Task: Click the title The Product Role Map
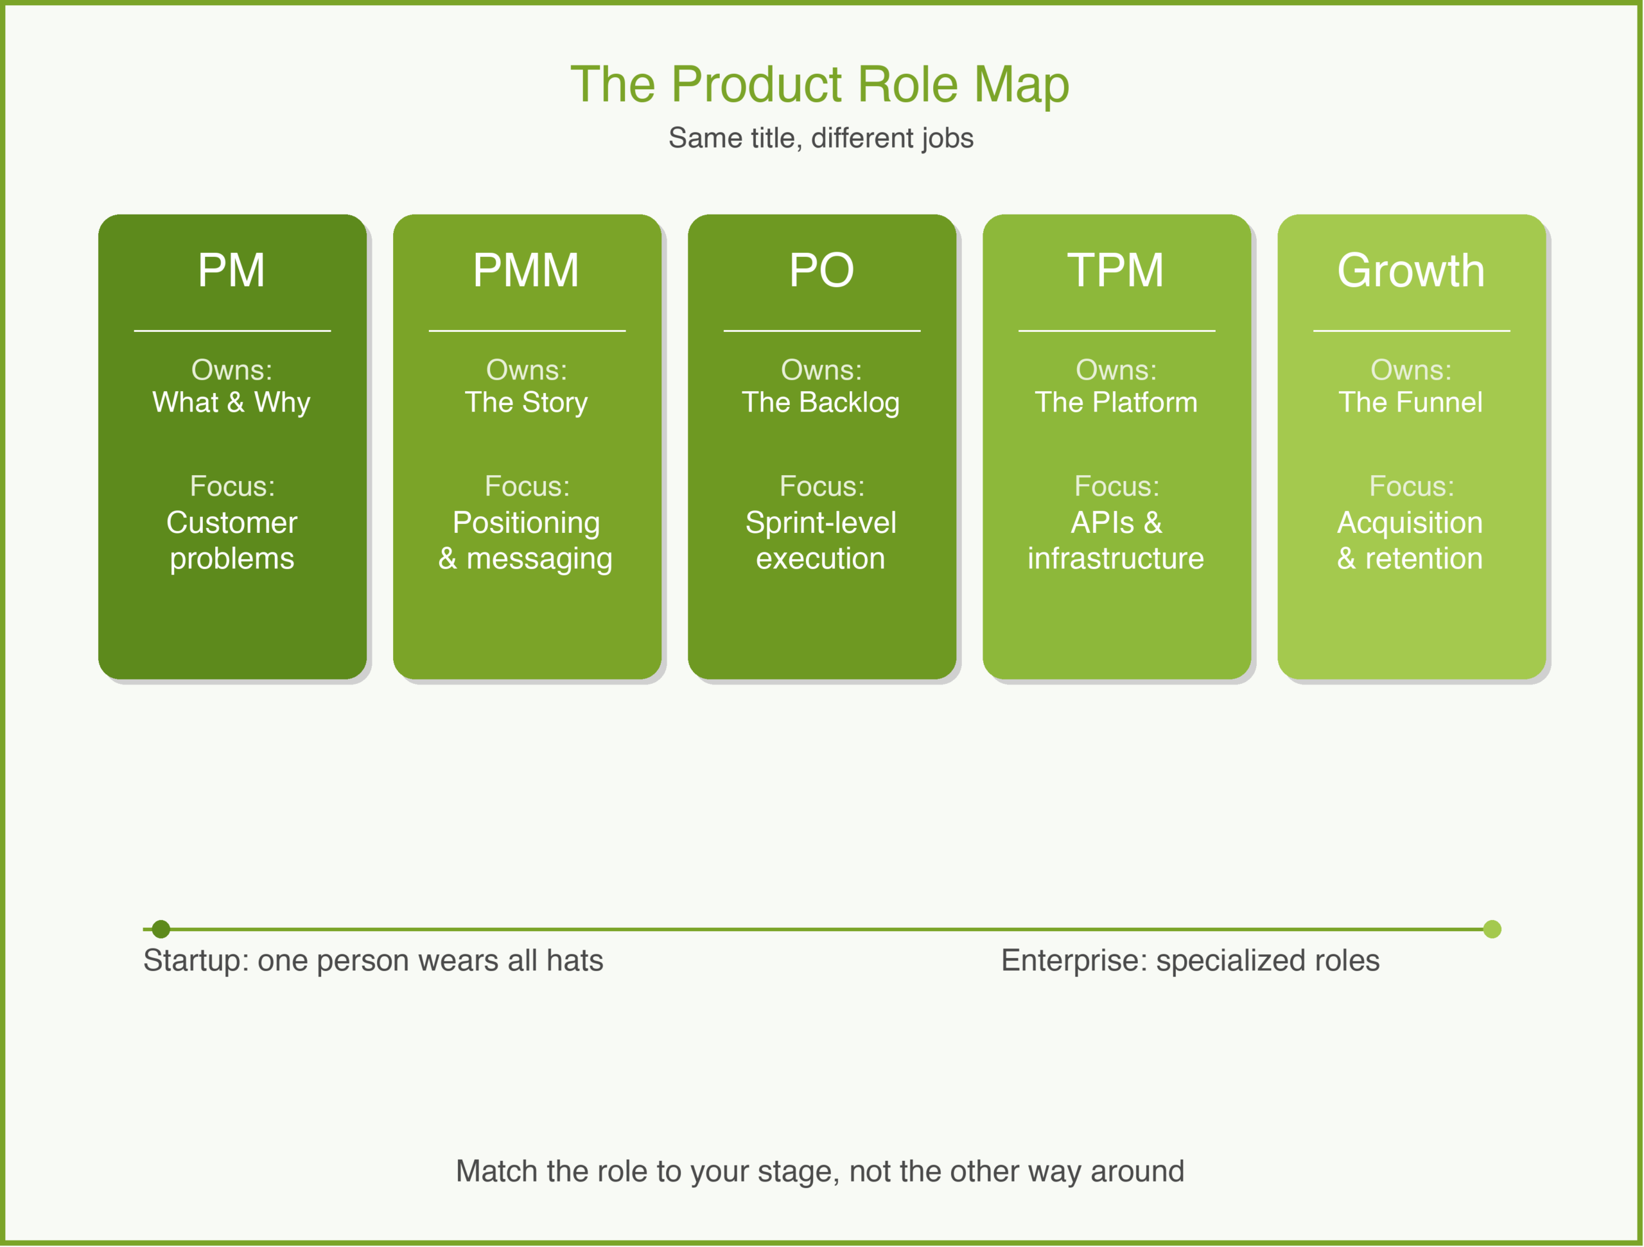(820, 84)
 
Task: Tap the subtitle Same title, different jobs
(821, 138)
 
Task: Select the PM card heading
(231, 270)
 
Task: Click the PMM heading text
(526, 270)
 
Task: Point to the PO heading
(821, 270)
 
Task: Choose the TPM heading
(1115, 270)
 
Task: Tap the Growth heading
(1411, 270)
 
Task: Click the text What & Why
(231, 402)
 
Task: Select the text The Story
(526, 402)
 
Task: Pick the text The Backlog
(821, 402)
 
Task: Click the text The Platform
(1115, 402)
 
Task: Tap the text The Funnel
(1411, 402)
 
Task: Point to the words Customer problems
(231, 540)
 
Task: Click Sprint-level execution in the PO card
(821, 540)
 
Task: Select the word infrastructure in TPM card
(1115, 559)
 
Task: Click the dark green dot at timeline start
(161, 929)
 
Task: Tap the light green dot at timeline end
(1492, 929)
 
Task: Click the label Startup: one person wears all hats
(373, 960)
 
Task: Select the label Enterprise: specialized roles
(1190, 960)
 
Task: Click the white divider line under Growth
(1411, 331)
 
